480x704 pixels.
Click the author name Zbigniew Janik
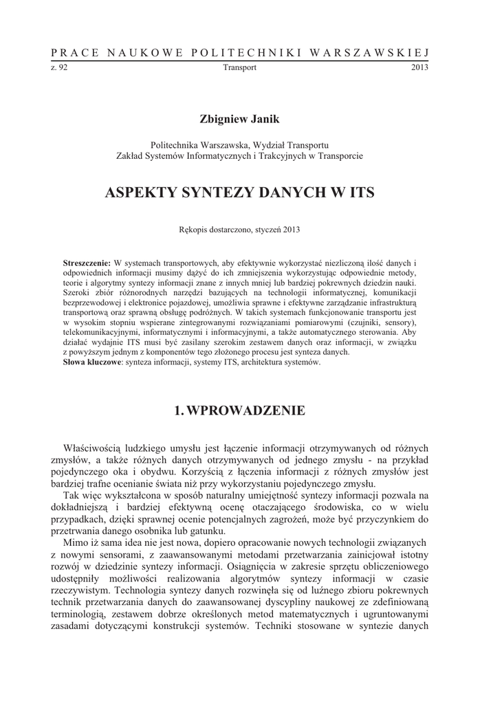239,120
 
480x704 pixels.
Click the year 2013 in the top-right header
419,67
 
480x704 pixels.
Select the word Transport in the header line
240,67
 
